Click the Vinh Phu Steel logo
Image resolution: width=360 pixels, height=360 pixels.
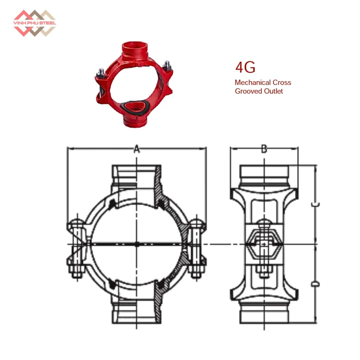[x=35, y=23]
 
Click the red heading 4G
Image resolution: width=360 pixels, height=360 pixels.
[x=245, y=67]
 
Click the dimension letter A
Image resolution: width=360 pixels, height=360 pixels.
[x=137, y=149]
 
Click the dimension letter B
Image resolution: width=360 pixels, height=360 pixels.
[x=264, y=149]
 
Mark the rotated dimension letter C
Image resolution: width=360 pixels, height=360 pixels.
[x=315, y=204]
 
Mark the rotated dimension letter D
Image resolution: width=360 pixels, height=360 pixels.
[x=315, y=284]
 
